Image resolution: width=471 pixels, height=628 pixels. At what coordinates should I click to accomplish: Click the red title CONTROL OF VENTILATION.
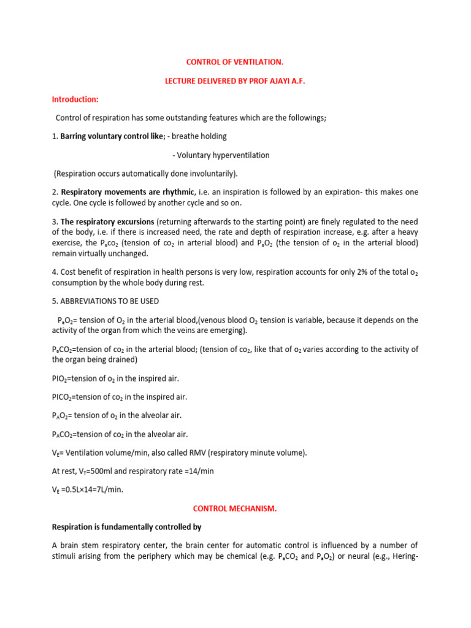[x=235, y=62]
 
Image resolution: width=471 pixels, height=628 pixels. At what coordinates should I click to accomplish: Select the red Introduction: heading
[x=75, y=99]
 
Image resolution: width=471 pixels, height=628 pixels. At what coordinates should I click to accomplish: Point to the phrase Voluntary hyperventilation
[x=221, y=155]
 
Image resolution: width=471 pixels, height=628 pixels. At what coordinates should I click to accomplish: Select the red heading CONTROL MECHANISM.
[x=235, y=508]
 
